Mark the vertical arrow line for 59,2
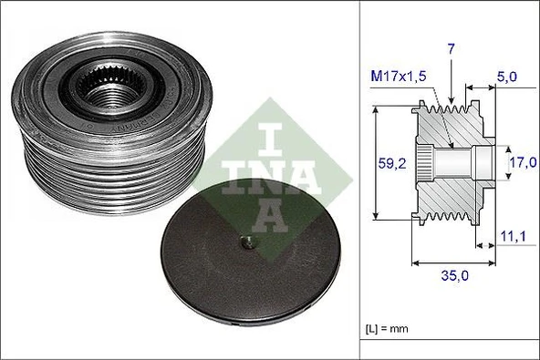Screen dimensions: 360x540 tap(376, 164)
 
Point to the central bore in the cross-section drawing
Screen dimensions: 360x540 tap(461, 162)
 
